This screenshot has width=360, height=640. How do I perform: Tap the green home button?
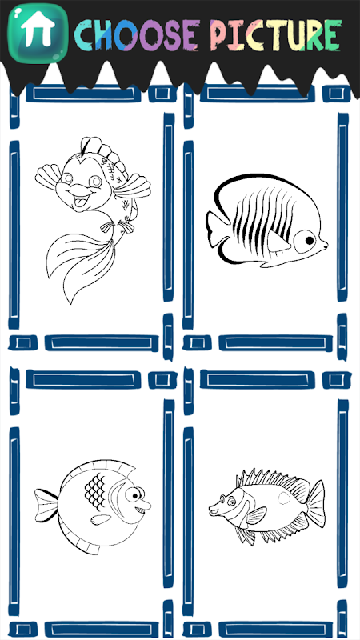(x=38, y=33)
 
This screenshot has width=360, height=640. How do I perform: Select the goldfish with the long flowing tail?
(x=93, y=220)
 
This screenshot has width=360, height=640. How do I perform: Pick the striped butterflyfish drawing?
(x=267, y=221)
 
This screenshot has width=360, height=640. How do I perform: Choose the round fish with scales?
(x=93, y=507)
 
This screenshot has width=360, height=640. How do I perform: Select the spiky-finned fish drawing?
(x=267, y=506)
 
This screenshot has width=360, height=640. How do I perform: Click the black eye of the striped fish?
(x=310, y=241)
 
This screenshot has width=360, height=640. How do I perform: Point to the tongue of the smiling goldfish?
(x=82, y=202)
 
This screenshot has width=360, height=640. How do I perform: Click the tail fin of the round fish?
(x=46, y=506)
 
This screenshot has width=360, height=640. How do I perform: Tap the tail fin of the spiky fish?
(x=316, y=503)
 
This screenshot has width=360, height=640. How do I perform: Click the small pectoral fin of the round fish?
(x=101, y=519)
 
